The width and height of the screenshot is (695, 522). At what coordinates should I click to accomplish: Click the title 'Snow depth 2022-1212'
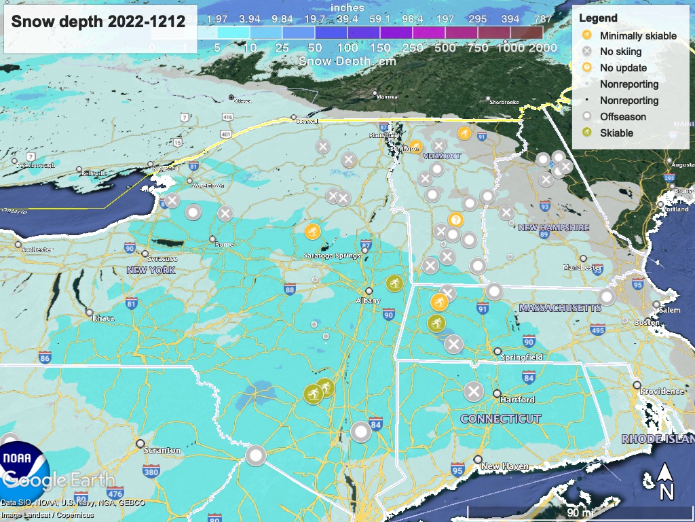point(98,22)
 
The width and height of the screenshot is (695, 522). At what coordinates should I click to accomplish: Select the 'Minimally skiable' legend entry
point(638,36)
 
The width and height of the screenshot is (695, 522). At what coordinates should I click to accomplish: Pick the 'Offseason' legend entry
point(622,117)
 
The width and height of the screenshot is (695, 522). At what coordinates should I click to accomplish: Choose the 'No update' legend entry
point(623,68)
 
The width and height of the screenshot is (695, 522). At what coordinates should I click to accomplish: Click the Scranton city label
point(162,450)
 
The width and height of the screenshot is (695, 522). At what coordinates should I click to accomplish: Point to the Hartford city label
point(517,400)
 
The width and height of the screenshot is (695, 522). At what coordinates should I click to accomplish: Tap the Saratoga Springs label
point(332,256)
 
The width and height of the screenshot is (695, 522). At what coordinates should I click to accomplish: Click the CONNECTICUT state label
point(501,419)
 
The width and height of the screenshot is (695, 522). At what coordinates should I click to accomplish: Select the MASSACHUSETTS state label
point(560,308)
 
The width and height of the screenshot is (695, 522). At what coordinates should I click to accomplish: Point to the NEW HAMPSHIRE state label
point(554,228)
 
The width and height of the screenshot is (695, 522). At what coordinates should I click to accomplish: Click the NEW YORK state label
point(151,271)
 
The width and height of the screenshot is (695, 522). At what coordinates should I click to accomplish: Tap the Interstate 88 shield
point(290,290)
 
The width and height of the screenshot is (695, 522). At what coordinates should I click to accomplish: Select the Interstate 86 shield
point(45,358)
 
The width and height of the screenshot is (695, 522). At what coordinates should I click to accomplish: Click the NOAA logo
point(24,457)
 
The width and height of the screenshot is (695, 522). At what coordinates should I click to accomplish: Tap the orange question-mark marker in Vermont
point(456,220)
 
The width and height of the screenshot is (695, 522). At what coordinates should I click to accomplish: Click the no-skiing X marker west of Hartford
point(474,392)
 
